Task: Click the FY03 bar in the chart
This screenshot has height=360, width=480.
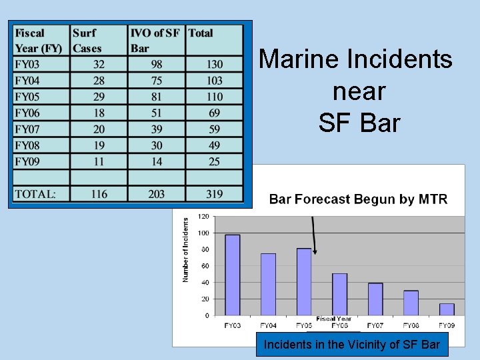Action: point(233,275)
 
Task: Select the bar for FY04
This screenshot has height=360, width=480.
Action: point(268,284)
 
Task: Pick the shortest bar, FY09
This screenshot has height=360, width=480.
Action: point(447,309)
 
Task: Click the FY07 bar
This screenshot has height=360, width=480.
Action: point(375,299)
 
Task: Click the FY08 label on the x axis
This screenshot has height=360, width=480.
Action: point(411,325)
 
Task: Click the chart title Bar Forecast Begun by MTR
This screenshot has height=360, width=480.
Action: point(358,199)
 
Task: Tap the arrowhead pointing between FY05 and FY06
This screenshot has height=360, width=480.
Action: point(315,251)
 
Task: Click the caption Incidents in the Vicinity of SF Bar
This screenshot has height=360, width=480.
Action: point(352,345)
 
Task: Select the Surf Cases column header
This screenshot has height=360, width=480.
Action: point(87,40)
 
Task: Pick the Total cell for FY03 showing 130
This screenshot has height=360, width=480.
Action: point(215,65)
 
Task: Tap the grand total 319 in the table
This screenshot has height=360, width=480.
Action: point(214,194)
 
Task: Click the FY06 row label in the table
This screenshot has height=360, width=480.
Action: point(27,113)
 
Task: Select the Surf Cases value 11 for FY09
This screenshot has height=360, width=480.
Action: point(99,161)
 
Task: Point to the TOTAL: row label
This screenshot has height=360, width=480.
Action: point(35,194)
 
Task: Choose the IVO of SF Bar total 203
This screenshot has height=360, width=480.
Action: point(157,194)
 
